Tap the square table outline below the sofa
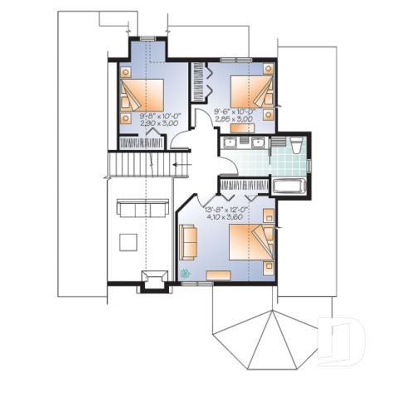(x=129, y=241)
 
